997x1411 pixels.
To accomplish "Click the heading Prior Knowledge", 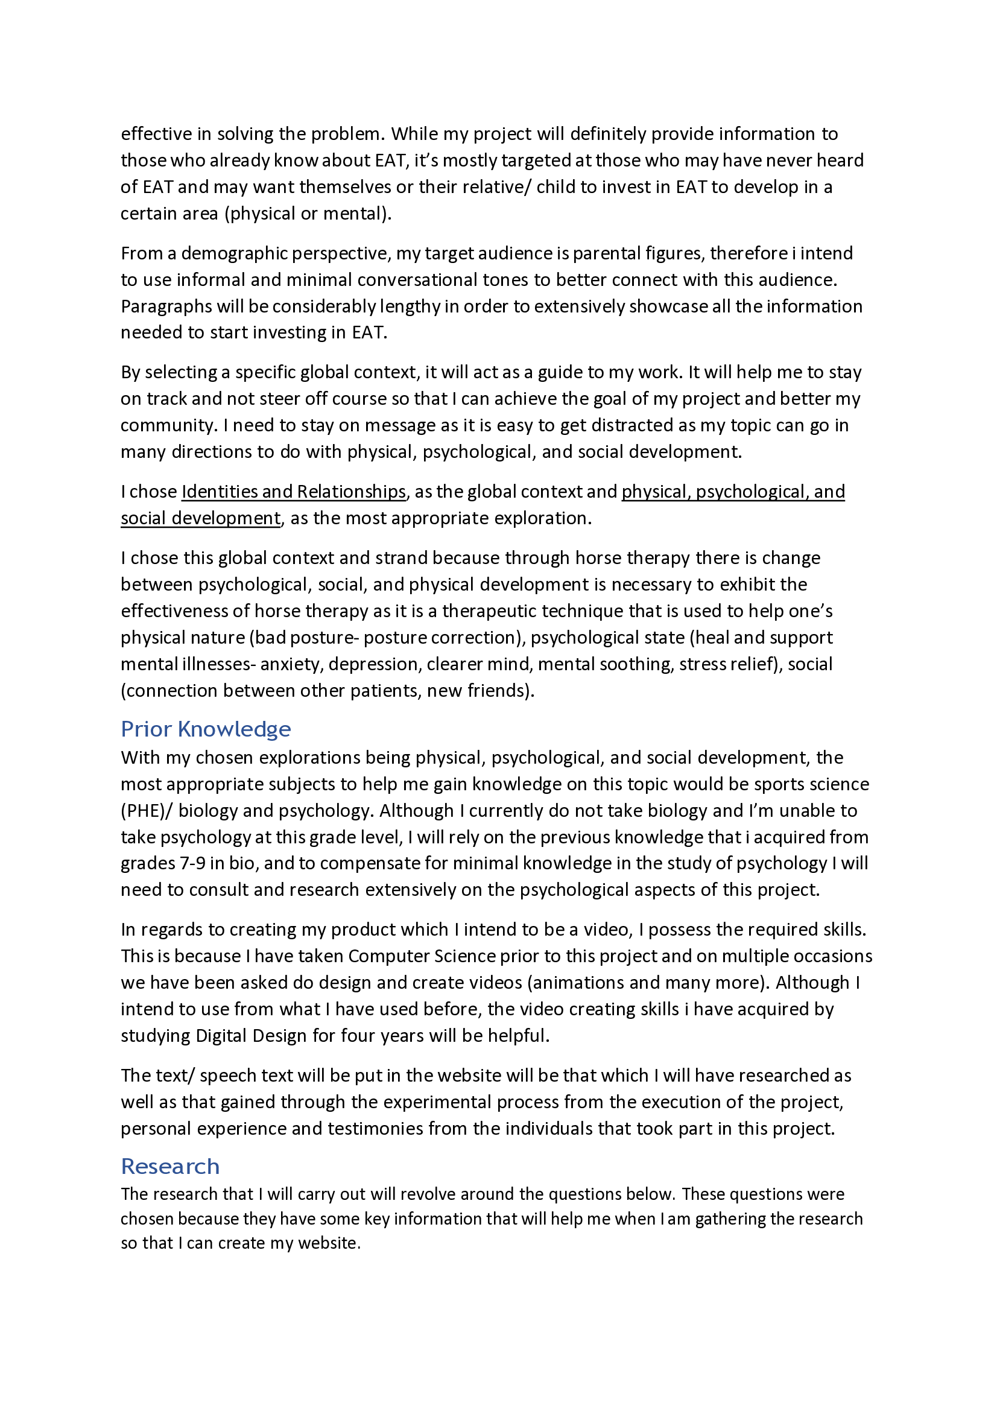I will click(x=205, y=729).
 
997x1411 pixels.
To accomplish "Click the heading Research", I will click(x=170, y=1167).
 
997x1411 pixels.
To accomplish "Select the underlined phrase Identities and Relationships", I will click(x=294, y=492).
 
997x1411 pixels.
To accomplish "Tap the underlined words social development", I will click(x=200, y=518).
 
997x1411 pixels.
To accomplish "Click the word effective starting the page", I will click(x=156, y=134).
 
